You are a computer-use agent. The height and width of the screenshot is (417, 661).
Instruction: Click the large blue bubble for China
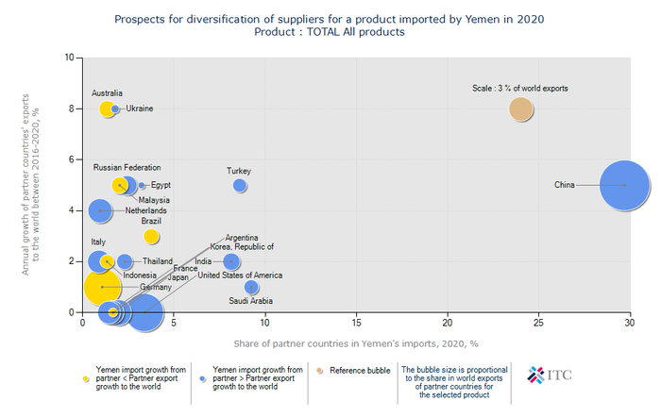pyautogui.click(x=624, y=185)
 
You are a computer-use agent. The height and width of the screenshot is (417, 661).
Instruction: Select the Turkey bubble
pyautogui.click(x=240, y=185)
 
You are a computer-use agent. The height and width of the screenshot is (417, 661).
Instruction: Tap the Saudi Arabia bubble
pyautogui.click(x=251, y=287)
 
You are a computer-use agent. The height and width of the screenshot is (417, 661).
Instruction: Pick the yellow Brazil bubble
pyautogui.click(x=152, y=236)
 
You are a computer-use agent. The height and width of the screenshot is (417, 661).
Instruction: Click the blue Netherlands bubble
pyautogui.click(x=99, y=210)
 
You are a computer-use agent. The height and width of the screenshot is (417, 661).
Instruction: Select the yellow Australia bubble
pyautogui.click(x=108, y=108)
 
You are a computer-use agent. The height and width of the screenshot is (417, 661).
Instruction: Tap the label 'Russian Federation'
pyautogui.click(x=127, y=167)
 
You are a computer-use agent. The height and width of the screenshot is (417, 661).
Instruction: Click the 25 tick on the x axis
pyautogui.click(x=539, y=323)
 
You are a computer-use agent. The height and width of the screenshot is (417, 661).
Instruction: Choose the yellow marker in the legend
pyautogui.click(x=88, y=375)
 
